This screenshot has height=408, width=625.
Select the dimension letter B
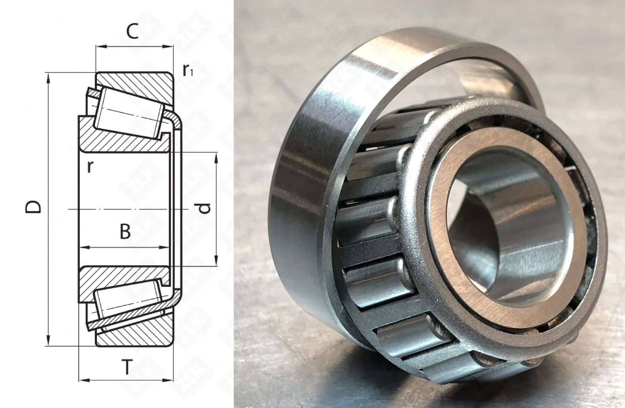click(125, 231)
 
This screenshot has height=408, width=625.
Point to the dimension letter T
click(127, 367)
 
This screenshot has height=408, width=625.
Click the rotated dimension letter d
click(205, 208)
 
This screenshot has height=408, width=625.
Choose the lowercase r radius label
click(89, 167)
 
